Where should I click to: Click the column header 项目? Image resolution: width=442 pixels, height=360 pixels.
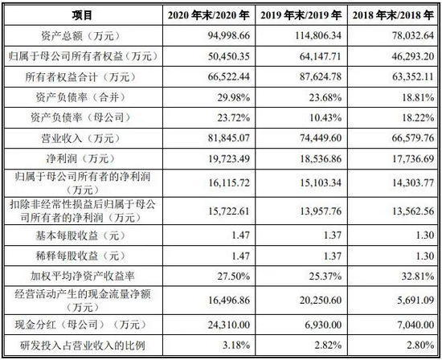[82, 15]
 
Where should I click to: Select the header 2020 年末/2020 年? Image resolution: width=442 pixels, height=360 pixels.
[209, 15]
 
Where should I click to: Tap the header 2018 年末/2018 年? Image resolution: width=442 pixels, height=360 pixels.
[393, 15]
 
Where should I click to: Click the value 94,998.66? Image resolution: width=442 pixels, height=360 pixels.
[229, 36]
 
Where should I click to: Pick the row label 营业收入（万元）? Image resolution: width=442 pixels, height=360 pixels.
[82, 138]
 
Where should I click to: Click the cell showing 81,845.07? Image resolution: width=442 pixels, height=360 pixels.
[229, 138]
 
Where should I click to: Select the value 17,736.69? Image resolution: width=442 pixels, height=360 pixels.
[413, 159]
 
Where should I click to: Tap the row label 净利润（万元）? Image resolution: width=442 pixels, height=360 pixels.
[82, 159]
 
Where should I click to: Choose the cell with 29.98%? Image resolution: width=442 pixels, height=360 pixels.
[233, 97]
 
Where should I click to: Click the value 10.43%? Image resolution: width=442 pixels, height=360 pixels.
[325, 117]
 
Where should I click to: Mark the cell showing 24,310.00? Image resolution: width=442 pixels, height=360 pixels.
[229, 325]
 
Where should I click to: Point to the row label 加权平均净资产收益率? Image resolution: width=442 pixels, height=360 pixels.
[82, 276]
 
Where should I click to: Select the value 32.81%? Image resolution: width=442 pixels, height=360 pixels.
[418, 276]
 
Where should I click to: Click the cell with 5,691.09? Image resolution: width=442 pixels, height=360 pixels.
[415, 300]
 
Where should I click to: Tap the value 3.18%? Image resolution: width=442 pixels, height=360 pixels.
[236, 345]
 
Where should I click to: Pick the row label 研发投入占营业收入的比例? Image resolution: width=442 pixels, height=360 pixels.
[82, 345]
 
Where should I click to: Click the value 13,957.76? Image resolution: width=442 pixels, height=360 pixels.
[321, 211]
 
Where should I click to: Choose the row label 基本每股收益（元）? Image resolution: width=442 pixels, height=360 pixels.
[82, 235]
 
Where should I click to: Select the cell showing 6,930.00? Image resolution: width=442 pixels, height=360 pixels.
[323, 325]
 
